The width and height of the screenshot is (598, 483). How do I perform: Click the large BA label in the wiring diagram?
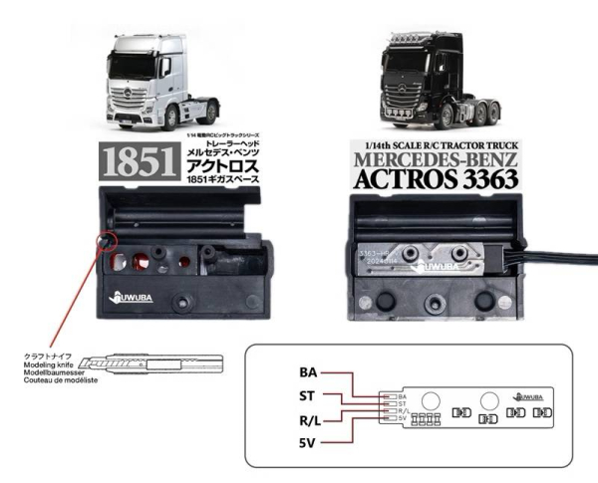coord(308,372)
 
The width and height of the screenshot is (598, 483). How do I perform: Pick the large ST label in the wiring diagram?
coord(308,397)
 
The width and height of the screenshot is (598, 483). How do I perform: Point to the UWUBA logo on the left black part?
coord(133,298)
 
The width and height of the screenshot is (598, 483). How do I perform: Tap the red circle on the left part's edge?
coord(104,242)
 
